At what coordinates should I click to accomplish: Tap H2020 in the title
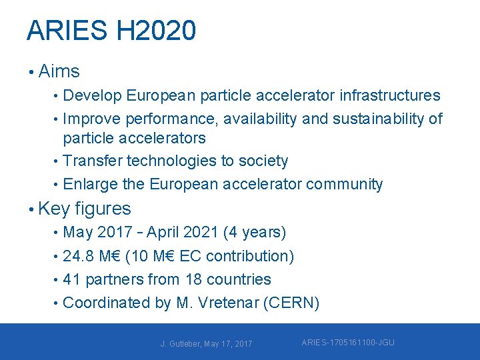click(x=156, y=31)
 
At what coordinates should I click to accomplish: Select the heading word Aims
click(x=59, y=71)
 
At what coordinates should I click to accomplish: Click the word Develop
click(x=92, y=96)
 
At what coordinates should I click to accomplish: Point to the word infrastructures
click(x=390, y=96)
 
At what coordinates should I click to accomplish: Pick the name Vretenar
click(x=226, y=303)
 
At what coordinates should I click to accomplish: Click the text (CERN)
click(x=291, y=303)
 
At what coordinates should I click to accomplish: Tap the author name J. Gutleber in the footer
click(x=181, y=344)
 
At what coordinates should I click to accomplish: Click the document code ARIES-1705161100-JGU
click(x=348, y=343)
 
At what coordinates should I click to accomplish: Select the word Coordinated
click(x=107, y=303)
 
